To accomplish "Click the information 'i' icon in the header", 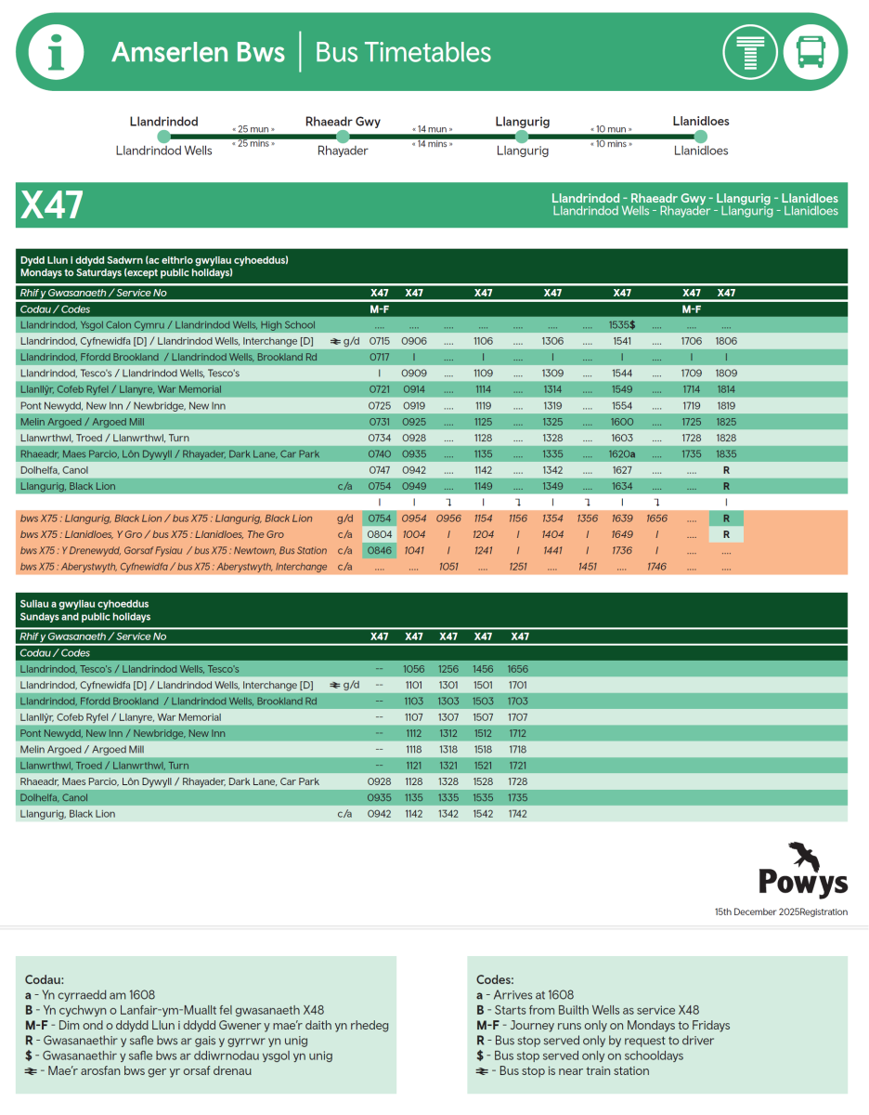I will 56,52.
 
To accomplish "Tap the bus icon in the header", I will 811,52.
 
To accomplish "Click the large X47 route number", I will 52,205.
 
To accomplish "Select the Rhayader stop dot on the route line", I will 343,137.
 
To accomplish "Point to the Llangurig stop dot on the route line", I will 522,137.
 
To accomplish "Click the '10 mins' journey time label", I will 611,144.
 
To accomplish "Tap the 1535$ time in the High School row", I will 622,325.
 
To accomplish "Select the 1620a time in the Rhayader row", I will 622,454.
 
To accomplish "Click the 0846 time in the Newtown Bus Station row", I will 380,551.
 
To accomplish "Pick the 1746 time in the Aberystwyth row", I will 656,567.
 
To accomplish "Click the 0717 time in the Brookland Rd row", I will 380,357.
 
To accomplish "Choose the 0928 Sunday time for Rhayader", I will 380,782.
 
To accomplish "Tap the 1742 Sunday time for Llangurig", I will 517,814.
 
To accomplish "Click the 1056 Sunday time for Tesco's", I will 414,669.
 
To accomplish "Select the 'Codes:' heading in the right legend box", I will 494,980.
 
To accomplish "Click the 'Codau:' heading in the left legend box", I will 45,980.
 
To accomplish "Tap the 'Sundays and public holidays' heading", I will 85,617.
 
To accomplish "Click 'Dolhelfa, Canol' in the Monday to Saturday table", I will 54,470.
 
